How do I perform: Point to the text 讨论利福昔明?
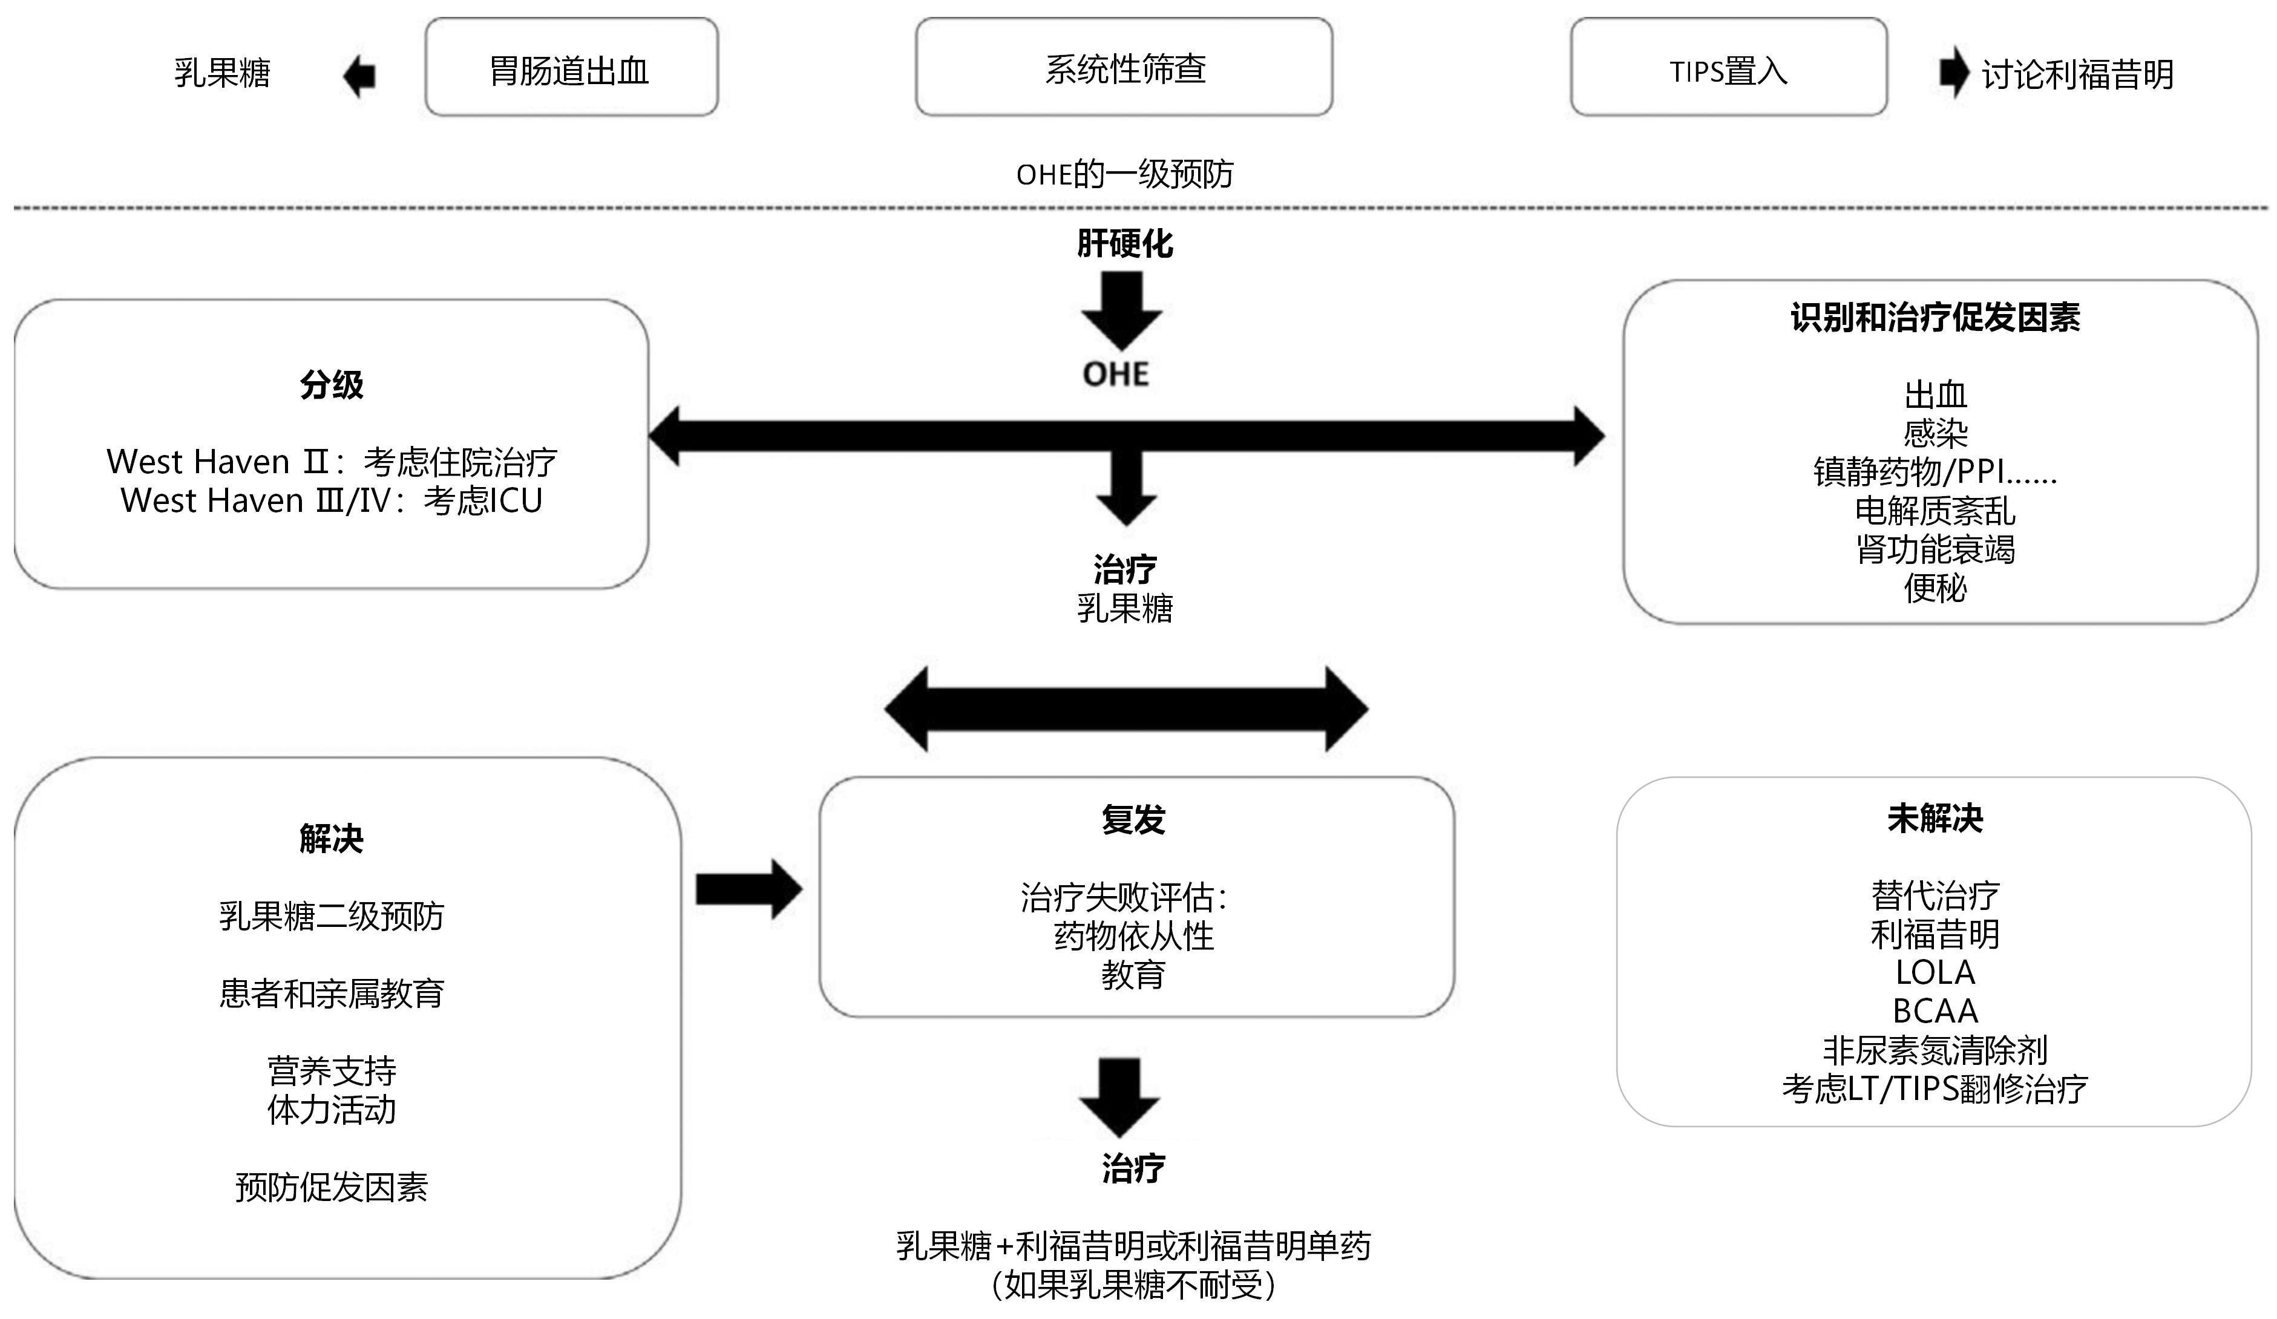[2076, 74]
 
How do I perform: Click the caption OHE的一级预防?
[1124, 174]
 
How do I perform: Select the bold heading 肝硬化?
[1124, 243]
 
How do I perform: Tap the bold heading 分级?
[332, 385]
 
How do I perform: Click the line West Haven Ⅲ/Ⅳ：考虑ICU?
[332, 500]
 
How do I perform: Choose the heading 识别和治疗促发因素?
[1935, 317]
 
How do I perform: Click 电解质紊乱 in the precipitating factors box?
[1935, 511]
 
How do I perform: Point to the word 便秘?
[1935, 587]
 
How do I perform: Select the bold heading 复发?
[1133, 819]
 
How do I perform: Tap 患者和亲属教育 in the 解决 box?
[332, 993]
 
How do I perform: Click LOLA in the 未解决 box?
[1935, 972]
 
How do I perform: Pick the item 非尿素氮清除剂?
[1935, 1049]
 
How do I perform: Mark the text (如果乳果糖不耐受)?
[1133, 1284]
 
